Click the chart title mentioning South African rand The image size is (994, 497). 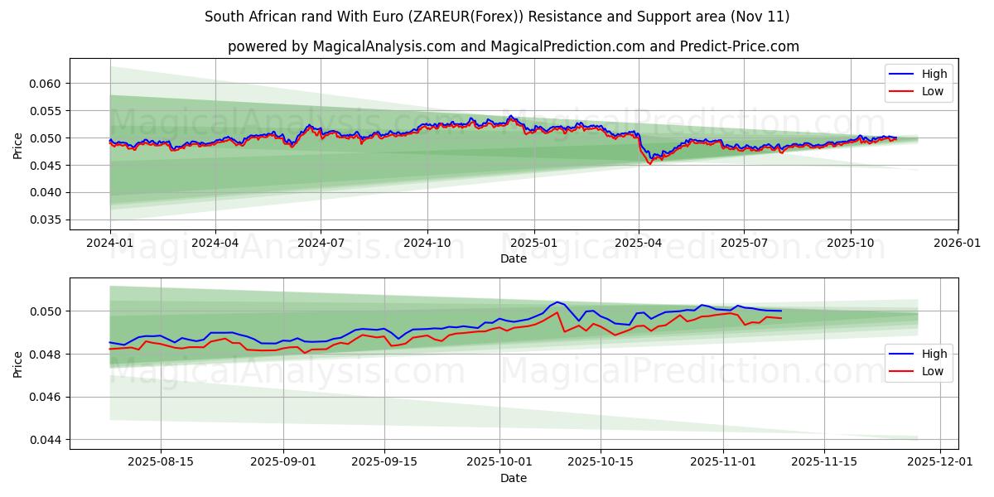pos(497,17)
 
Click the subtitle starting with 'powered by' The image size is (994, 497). pos(514,46)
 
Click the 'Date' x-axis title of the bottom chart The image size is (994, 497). pos(514,479)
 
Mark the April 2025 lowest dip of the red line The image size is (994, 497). pos(649,164)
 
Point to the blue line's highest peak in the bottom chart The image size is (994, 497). pos(557,302)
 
